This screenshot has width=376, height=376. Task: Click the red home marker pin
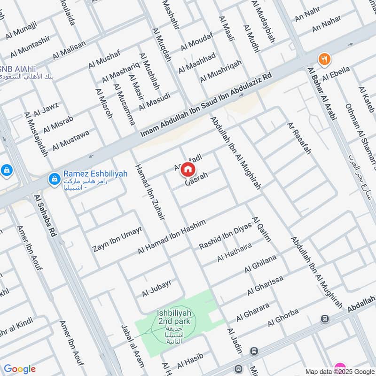(x=188, y=169)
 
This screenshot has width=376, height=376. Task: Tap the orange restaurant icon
(x=324, y=59)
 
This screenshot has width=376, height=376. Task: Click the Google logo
(x=20, y=369)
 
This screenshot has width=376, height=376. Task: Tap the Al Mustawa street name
(x=70, y=141)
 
